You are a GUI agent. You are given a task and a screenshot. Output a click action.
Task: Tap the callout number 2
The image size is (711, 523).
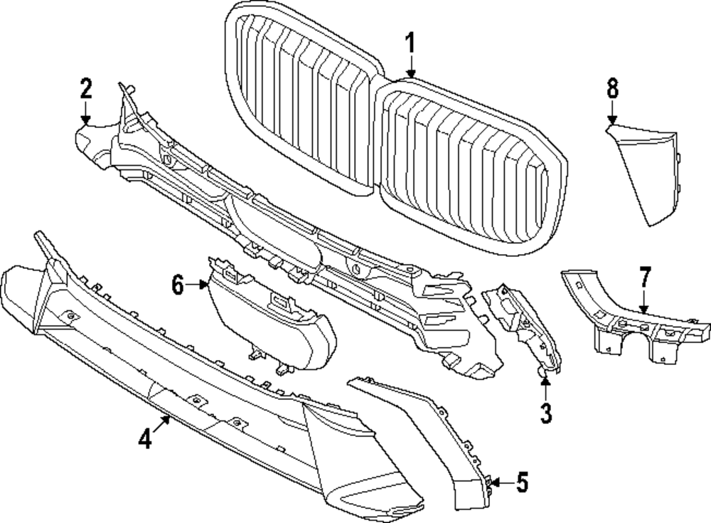click(x=85, y=90)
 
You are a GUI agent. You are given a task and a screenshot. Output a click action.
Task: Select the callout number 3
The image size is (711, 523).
click(x=545, y=412)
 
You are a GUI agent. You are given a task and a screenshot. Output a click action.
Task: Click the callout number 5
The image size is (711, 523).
click(x=522, y=484)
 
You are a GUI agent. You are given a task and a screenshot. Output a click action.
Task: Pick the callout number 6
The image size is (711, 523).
click(x=178, y=286)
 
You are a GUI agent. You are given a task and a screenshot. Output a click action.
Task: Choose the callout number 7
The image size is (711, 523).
click(x=644, y=275)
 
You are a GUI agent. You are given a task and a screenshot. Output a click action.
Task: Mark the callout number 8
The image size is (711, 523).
click(x=612, y=90)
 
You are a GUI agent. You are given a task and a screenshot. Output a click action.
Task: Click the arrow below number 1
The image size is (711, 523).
click(x=410, y=68)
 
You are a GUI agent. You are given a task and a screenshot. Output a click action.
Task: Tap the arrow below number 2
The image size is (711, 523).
click(x=85, y=114)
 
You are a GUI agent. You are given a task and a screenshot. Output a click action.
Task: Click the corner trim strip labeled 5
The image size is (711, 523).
click(x=434, y=427)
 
